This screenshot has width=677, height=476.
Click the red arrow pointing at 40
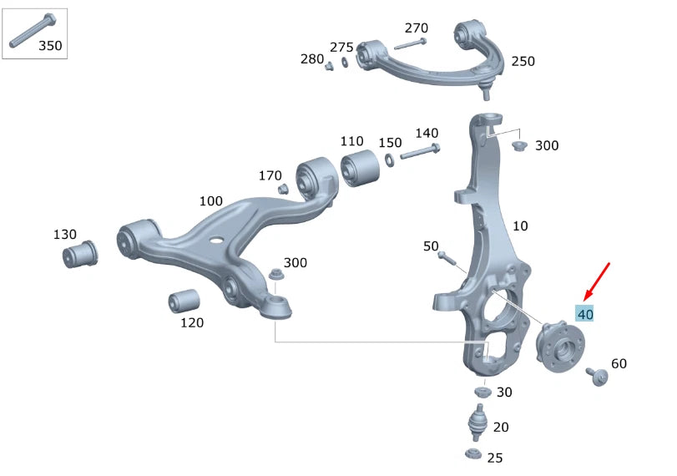click(596, 281)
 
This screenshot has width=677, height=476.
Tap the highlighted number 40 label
click(585, 314)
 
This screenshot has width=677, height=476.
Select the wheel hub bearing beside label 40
click(560, 346)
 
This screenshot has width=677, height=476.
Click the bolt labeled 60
click(597, 377)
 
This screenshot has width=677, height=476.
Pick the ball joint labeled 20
click(477, 423)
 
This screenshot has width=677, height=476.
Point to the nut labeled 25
click(473, 454)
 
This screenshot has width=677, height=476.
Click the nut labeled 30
click(482, 392)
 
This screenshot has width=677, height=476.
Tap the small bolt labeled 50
click(447, 258)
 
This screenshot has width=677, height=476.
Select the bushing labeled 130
click(80, 254)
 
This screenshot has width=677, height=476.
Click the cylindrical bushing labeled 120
click(184, 301)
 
